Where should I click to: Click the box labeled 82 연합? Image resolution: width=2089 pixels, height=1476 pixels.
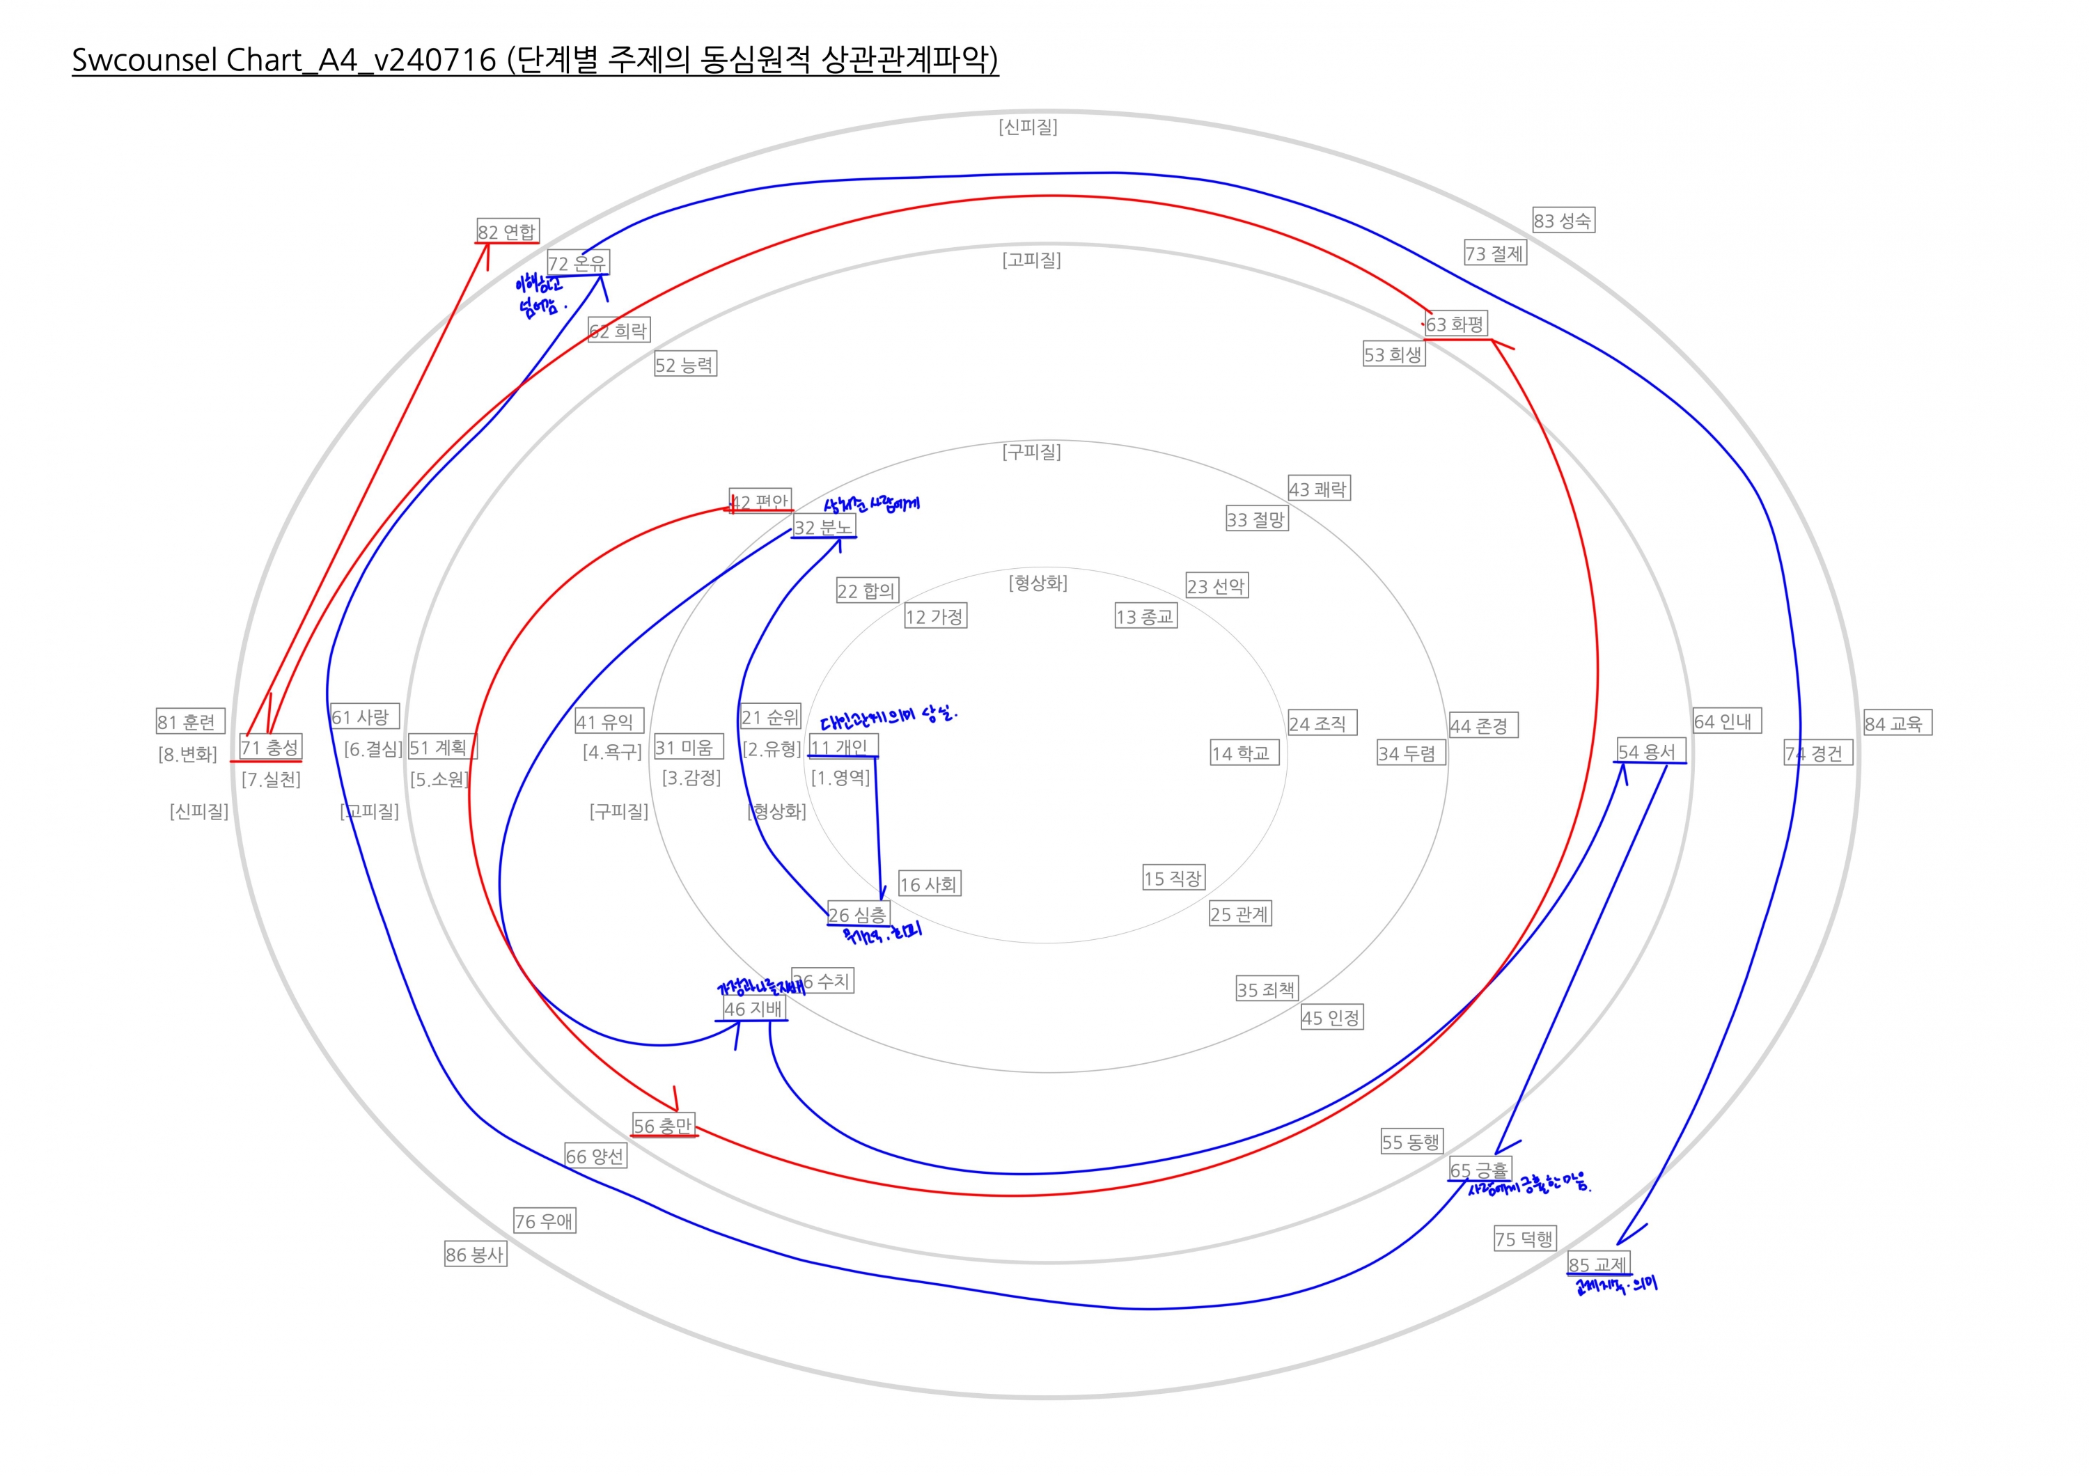pos(508,231)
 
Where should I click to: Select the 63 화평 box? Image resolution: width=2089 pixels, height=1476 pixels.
pos(1456,324)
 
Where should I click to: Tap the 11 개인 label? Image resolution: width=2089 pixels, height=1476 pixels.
pos(842,746)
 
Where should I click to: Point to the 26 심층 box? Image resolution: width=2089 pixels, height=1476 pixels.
pos(858,914)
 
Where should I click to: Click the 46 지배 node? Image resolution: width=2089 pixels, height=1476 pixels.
pos(753,1009)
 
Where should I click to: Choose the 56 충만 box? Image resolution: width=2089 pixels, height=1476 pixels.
pos(664,1125)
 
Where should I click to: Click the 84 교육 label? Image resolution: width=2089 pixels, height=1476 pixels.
pos(1893,723)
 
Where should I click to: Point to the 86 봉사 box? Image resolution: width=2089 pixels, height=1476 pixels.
pos(475,1254)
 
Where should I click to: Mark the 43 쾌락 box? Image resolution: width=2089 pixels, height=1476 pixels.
pos(1318,488)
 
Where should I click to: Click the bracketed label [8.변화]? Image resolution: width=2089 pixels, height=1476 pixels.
pos(187,754)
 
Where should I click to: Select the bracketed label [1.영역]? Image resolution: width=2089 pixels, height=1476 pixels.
pos(840,778)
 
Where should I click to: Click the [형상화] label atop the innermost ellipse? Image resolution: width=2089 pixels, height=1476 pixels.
pos(1038,582)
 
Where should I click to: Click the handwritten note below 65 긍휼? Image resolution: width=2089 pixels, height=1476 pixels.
pos(1529,1185)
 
